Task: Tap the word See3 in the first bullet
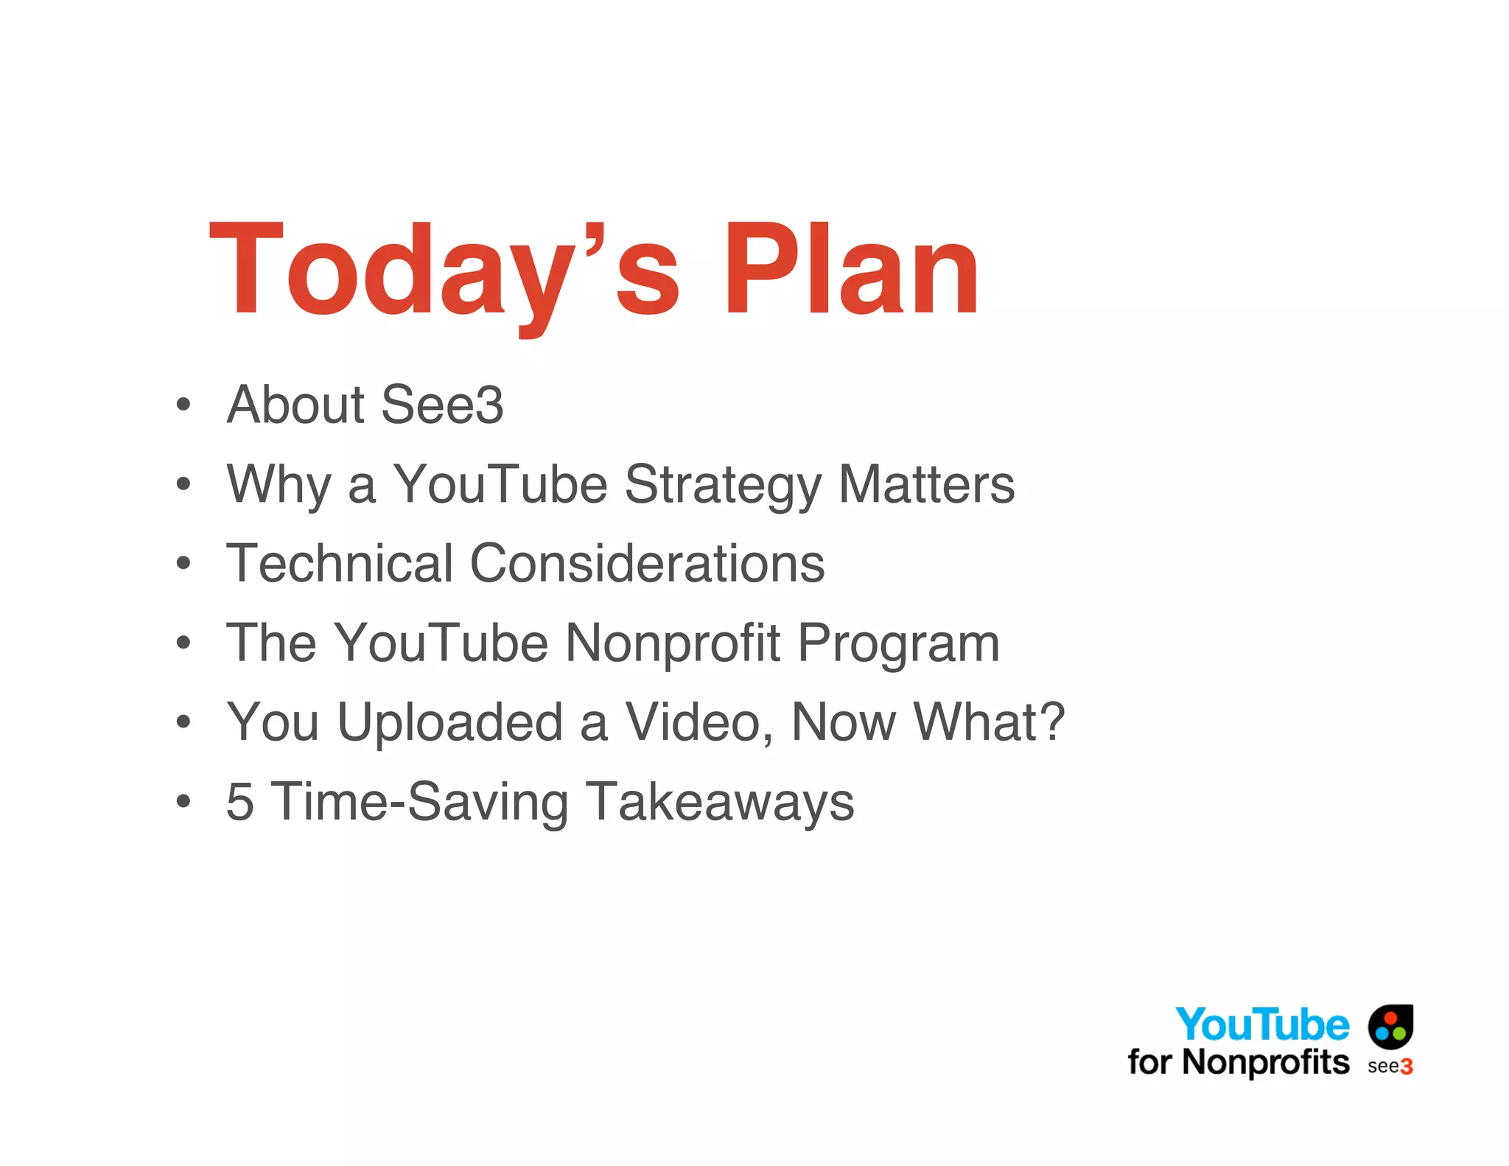[x=442, y=405]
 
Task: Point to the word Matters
[x=926, y=484]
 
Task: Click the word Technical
[x=339, y=564]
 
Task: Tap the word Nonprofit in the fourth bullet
[x=672, y=643]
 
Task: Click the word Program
[x=898, y=644]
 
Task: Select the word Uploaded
[x=450, y=722]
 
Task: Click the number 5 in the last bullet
[x=240, y=801]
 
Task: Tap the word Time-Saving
[x=420, y=802]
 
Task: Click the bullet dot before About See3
[x=183, y=405]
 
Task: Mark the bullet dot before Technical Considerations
[x=183, y=564]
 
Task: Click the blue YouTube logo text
[x=1261, y=1024]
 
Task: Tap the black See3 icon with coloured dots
[x=1390, y=1026]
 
